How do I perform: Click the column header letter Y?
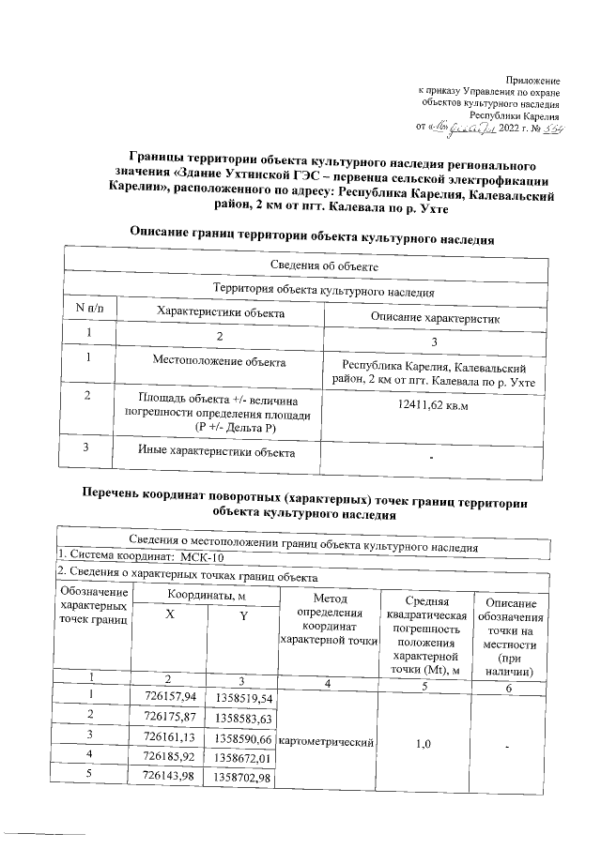coord(242,614)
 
